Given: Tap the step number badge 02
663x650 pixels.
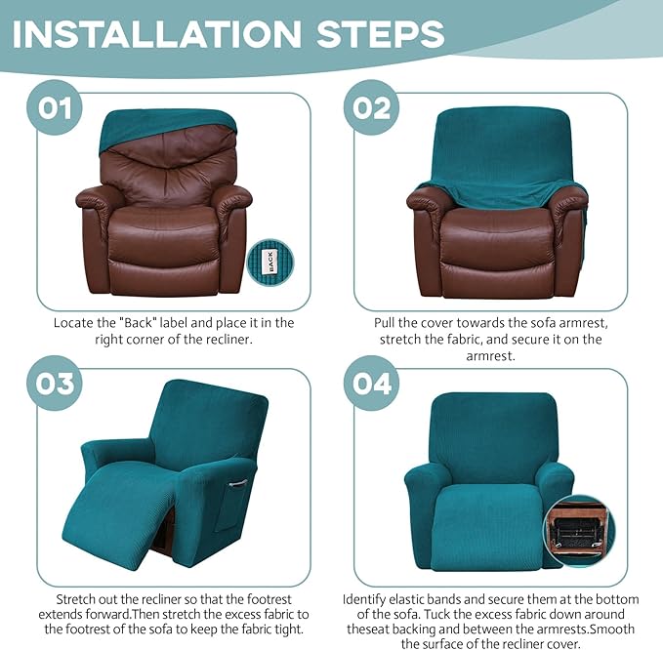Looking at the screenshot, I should [372, 106].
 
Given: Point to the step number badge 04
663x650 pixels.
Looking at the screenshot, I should [372, 382].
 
